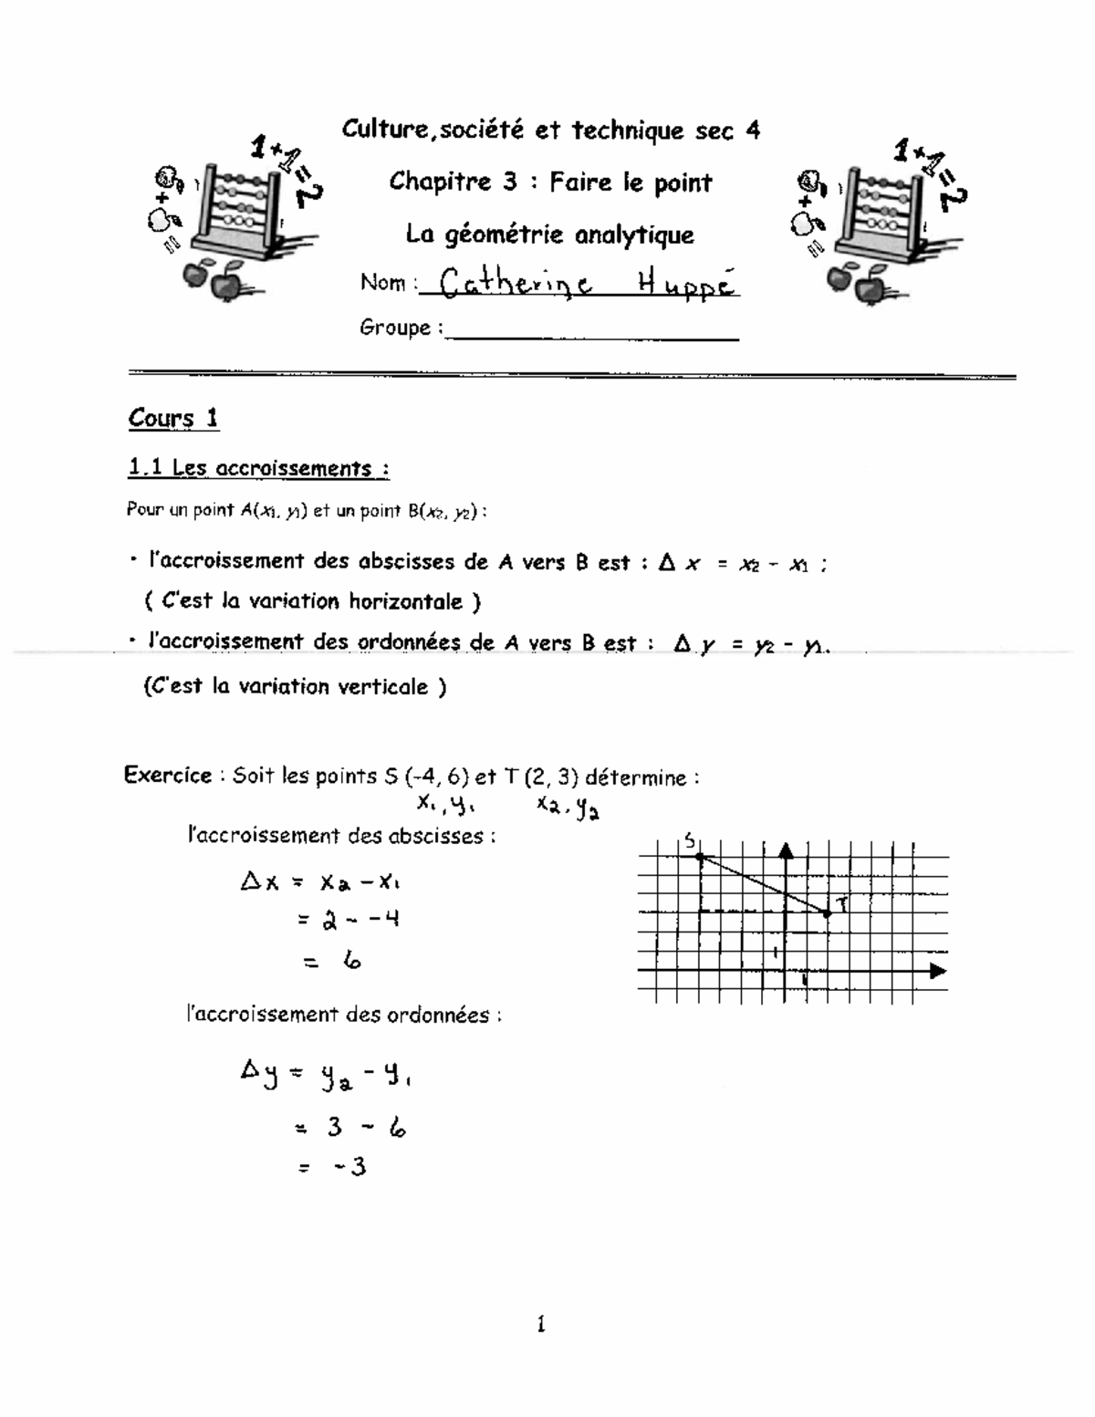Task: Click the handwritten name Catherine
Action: pyautogui.click(x=516, y=284)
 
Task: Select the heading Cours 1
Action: pyautogui.click(x=173, y=418)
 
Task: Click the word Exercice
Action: pyautogui.click(x=168, y=776)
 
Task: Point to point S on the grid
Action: pyautogui.click(x=699, y=856)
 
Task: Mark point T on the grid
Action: pyautogui.click(x=828, y=912)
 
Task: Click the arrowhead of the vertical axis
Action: pyautogui.click(x=786, y=850)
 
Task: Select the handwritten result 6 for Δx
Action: pyautogui.click(x=352, y=960)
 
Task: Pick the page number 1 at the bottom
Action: pyautogui.click(x=541, y=1324)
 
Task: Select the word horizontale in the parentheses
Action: pyautogui.click(x=404, y=601)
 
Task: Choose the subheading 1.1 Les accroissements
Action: pyautogui.click(x=259, y=468)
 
